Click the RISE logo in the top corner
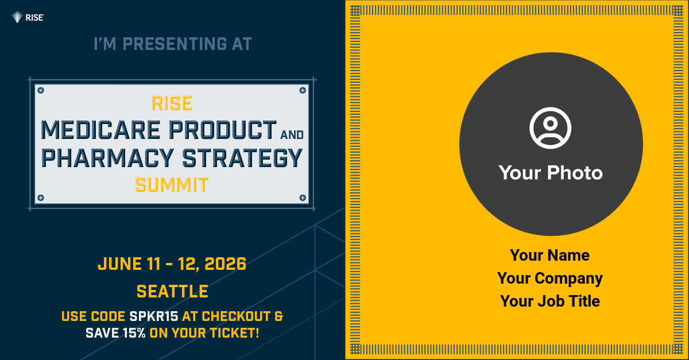click(x=28, y=18)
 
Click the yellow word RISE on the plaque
click(x=172, y=103)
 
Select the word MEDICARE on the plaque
click(x=100, y=130)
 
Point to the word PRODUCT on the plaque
click(x=223, y=130)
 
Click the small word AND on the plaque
click(x=292, y=135)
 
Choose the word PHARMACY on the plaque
click(x=107, y=158)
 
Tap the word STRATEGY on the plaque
click(x=242, y=158)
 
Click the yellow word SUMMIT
click(x=172, y=185)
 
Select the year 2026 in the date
click(x=225, y=264)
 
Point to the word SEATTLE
click(x=172, y=291)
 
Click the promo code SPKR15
click(x=154, y=316)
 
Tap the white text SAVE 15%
click(x=115, y=333)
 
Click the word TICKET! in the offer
click(x=235, y=333)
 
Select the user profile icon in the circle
click(x=550, y=128)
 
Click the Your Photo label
click(x=551, y=172)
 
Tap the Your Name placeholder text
click(x=549, y=255)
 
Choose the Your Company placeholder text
click(x=550, y=278)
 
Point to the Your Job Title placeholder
click(x=550, y=301)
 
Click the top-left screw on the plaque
click(x=41, y=90)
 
